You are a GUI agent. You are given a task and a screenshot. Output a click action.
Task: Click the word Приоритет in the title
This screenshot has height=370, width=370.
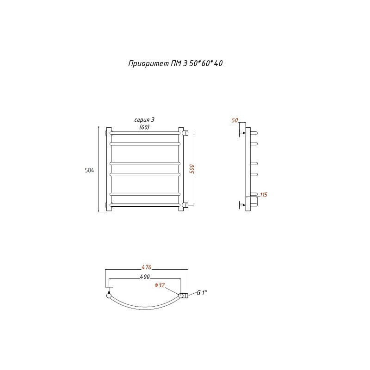(148, 64)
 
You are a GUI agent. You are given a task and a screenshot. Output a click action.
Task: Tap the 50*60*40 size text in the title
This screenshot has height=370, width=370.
(206, 63)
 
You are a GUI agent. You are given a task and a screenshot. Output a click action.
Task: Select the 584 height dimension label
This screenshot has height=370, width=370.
(89, 170)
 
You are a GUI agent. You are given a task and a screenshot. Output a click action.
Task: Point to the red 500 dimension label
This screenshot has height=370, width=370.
(192, 169)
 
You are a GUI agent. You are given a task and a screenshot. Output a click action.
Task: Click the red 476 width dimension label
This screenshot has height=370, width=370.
(147, 267)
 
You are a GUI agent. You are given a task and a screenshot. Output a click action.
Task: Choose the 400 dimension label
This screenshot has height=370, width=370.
(145, 277)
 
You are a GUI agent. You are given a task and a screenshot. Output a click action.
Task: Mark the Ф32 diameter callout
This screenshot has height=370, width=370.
(160, 285)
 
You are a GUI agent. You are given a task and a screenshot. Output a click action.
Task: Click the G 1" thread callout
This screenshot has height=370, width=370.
(202, 293)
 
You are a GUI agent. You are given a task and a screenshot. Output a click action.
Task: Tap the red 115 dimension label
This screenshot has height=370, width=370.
(264, 195)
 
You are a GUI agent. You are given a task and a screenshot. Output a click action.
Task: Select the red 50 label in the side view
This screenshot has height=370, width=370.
(235, 120)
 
